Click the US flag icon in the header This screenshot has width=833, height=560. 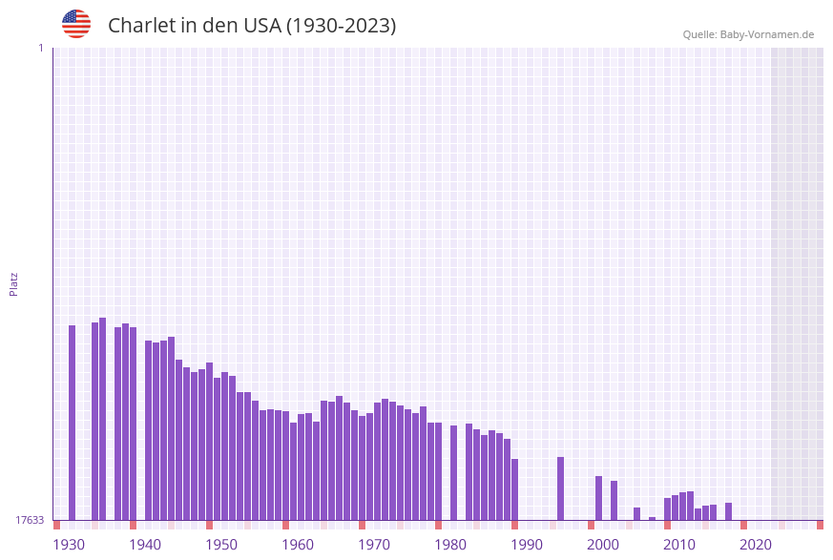click(x=76, y=24)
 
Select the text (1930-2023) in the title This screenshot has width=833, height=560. click(x=341, y=26)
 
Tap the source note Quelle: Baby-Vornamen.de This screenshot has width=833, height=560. click(x=748, y=35)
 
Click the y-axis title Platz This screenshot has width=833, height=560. click(x=14, y=283)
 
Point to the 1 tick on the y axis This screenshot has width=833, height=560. click(x=40, y=48)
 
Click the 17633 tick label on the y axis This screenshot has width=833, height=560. click(x=30, y=520)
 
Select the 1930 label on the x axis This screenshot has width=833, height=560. click(x=68, y=545)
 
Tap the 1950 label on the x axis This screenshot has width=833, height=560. click(x=221, y=545)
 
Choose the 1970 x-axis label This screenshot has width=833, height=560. click(x=374, y=545)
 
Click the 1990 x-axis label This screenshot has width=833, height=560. click(x=527, y=545)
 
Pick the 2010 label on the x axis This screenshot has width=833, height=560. click(x=679, y=545)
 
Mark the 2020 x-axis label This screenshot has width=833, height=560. click(x=756, y=545)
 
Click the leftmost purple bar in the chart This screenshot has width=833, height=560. click(x=72, y=423)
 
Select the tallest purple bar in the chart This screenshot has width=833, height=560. click(x=103, y=419)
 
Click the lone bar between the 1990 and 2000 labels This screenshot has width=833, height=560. click(x=561, y=488)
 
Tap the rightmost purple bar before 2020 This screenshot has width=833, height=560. click(x=729, y=511)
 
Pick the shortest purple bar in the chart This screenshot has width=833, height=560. click(x=653, y=518)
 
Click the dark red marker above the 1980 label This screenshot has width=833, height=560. click(x=439, y=525)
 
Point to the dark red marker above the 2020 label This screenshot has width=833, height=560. click(x=744, y=525)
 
